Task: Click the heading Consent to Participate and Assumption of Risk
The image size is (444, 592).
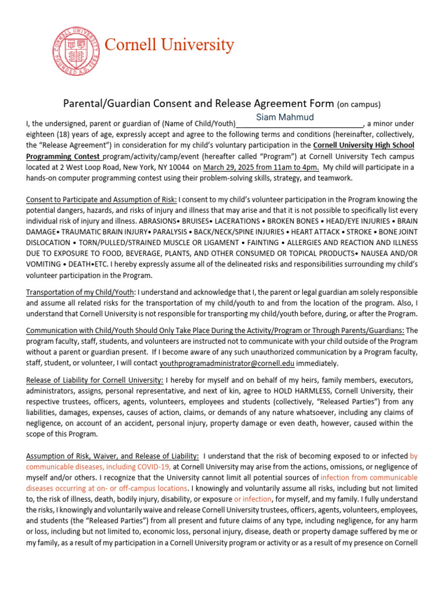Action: click(102, 199)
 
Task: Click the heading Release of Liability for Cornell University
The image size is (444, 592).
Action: click(95, 380)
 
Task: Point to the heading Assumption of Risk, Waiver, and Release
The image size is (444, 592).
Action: click(113, 456)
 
